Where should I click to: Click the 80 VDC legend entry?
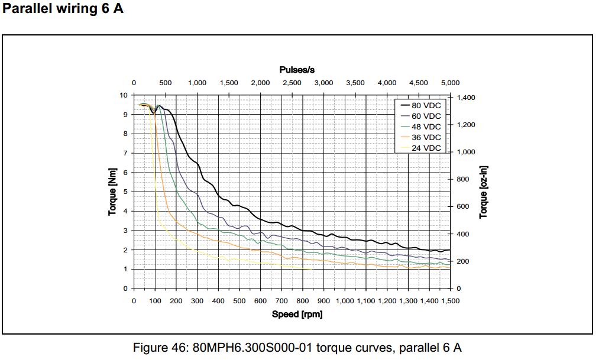(426, 105)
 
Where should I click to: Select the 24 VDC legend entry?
(426, 148)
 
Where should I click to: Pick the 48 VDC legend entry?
(426, 127)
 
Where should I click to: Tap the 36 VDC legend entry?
(426, 137)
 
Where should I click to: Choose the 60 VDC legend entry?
(426, 116)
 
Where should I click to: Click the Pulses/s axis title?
(297, 70)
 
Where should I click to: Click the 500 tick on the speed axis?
(239, 301)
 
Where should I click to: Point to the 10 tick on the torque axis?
(124, 95)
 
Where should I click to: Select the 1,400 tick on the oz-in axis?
(465, 98)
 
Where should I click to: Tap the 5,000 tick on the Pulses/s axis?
(450, 83)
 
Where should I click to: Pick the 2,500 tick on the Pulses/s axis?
(292, 83)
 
